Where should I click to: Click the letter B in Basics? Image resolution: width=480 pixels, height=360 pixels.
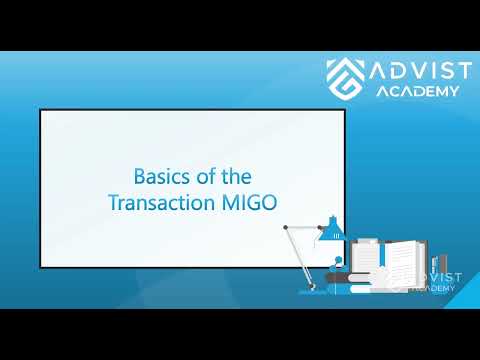coord(139,176)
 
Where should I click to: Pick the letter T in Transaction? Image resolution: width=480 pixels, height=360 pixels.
coord(112,201)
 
